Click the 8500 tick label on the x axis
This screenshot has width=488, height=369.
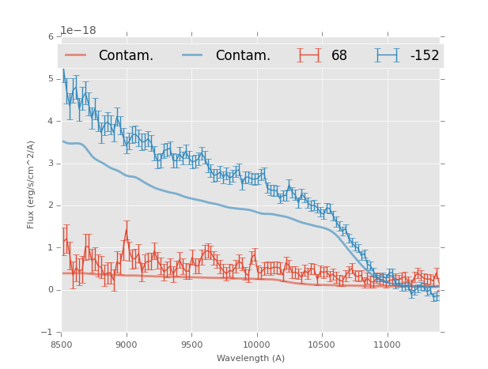click(61, 345)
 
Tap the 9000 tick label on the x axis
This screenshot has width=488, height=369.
click(127, 345)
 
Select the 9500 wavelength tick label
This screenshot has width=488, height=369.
click(191, 345)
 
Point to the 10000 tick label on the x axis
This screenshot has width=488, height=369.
click(256, 345)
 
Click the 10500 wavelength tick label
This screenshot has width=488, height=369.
click(321, 345)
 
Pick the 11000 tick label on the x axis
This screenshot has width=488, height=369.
click(387, 345)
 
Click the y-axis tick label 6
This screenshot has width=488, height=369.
click(51, 37)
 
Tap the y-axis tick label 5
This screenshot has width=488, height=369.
click(51, 79)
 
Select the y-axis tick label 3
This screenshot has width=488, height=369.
click(51, 164)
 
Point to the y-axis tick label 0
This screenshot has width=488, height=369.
click(51, 290)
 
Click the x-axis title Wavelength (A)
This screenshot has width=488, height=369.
click(251, 358)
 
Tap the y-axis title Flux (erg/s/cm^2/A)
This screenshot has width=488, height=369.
click(32, 184)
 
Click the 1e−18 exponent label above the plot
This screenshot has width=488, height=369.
click(78, 31)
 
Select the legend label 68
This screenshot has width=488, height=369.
click(339, 56)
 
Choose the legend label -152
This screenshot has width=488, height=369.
click(424, 56)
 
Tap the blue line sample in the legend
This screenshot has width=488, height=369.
click(193, 55)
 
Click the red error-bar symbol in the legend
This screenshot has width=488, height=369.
click(309, 55)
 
